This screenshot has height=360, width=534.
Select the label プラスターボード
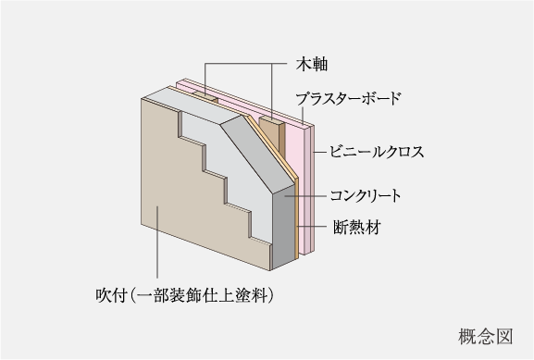349,97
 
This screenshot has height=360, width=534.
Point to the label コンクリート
365,196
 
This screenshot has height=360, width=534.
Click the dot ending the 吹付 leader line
157,209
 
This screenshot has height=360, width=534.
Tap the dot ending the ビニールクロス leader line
313,151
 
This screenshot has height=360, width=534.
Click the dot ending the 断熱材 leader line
297,225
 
